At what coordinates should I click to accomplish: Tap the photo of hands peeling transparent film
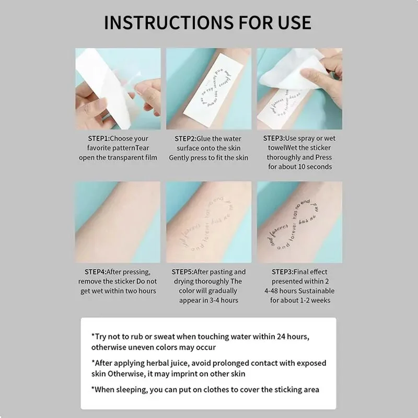tap(118, 89)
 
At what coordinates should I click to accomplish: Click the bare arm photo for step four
tap(118, 222)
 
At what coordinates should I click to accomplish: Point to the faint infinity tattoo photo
tap(208, 222)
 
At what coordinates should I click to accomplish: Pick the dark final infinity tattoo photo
tap(299, 222)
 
